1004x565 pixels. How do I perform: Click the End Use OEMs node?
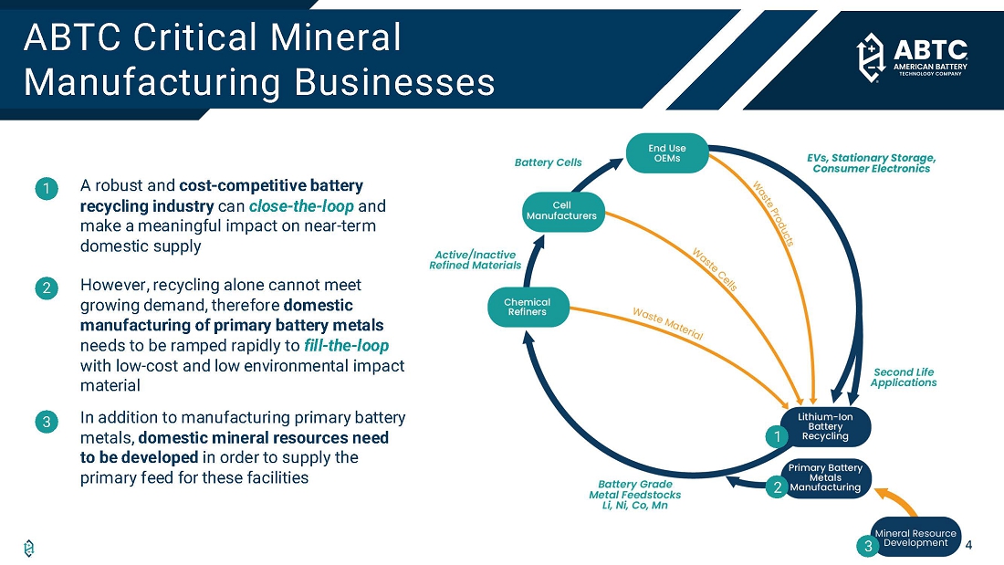(667, 153)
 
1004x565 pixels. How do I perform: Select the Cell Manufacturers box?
(561, 211)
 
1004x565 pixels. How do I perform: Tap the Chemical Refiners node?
(527, 307)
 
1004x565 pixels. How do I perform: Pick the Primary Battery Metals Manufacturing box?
(825, 477)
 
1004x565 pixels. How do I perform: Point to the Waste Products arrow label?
(773, 213)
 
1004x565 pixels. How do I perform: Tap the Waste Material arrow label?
(667, 324)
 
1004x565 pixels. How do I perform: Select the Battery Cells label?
(548, 162)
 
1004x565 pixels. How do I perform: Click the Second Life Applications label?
(904, 378)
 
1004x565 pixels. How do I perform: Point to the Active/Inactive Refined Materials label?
(475, 260)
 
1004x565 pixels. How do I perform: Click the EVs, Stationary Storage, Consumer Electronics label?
(871, 162)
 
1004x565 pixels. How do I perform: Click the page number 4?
(967, 546)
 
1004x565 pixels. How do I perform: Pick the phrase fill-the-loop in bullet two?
(347, 346)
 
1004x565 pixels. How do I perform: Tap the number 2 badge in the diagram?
(777, 487)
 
